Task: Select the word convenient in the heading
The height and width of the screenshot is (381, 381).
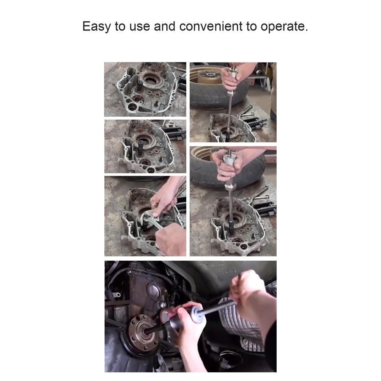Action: tap(211, 26)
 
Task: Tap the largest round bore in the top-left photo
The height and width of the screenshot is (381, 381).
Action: tap(151, 78)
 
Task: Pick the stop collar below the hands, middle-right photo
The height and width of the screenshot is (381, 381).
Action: tap(230, 187)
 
